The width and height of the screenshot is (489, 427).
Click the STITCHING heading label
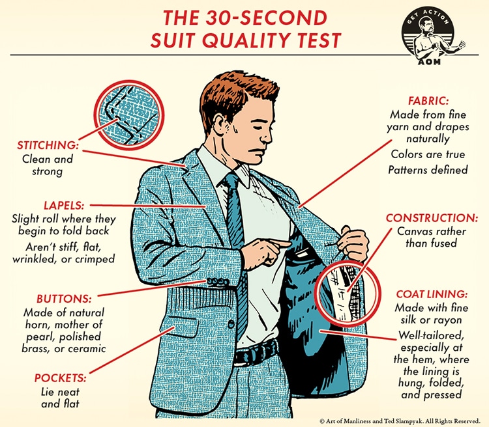click(x=48, y=145)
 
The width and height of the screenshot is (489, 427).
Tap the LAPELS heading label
click(x=64, y=206)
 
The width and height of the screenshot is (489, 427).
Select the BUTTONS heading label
click(x=65, y=299)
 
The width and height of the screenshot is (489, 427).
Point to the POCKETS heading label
click(x=60, y=378)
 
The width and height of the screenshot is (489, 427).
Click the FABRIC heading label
click(x=428, y=101)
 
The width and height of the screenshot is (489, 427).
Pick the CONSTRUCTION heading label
click(x=432, y=218)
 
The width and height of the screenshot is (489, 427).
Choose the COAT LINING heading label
click(x=432, y=294)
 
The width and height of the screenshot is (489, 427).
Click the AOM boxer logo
click(x=432, y=36)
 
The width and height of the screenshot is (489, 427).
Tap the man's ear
click(x=219, y=124)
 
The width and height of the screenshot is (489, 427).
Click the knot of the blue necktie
click(x=231, y=181)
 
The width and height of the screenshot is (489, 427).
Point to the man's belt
click(x=256, y=351)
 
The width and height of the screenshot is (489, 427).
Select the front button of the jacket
click(x=231, y=324)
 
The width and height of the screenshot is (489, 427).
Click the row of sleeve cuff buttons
click(x=218, y=282)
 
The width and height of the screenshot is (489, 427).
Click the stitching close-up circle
click(x=129, y=115)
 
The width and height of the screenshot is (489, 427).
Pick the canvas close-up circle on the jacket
click(x=347, y=293)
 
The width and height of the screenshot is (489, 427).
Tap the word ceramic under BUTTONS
click(x=87, y=348)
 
